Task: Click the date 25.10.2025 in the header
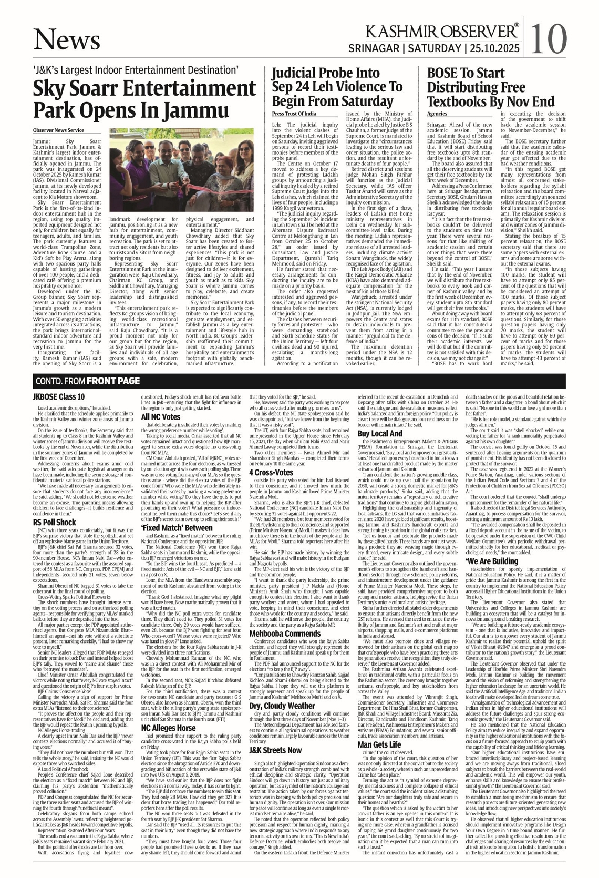pos(494,49)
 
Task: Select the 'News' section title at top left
pos(67,39)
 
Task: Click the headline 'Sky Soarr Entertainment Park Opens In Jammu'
pos(131,99)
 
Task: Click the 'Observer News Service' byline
pos(58,130)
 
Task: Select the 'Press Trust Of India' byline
pos(294,114)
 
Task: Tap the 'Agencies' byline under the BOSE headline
pos(437,114)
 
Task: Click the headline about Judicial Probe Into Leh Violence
pos(337,87)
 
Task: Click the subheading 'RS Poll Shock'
pos(55,523)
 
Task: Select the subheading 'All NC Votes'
pos(161,417)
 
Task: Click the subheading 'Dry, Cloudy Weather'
pos(282,706)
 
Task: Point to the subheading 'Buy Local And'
pos(380,448)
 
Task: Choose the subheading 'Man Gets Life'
pos(379,744)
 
